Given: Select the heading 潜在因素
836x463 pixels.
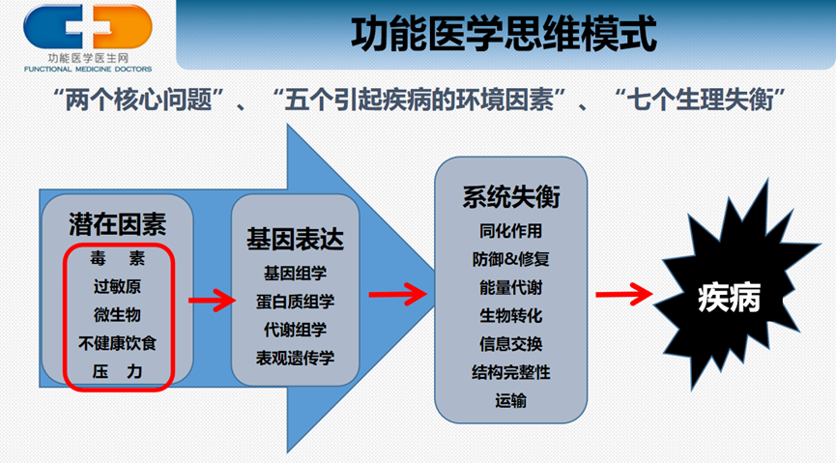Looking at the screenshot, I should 118,226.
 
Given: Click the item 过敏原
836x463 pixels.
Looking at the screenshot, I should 118,287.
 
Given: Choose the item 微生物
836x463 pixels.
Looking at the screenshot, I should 118,315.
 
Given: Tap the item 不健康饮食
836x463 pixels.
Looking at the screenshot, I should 118,343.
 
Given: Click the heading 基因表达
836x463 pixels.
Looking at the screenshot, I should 295,239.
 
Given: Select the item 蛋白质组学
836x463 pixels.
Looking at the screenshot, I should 295,301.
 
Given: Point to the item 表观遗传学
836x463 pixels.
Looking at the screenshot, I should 295,358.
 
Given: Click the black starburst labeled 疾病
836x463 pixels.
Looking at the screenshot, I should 730,299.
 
